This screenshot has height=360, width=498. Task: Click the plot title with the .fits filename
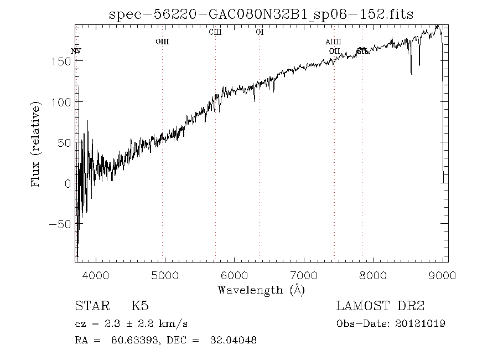pos(261,14)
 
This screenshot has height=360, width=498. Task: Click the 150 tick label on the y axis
pos(61,61)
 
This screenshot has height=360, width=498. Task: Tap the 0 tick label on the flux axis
pos(68,183)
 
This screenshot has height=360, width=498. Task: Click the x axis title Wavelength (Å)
pos(261,290)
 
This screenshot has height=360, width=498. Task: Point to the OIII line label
pos(162,42)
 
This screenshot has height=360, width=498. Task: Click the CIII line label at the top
pos(215,32)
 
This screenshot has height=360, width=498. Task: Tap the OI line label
pos(260,32)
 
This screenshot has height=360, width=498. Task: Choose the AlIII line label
pos(333,42)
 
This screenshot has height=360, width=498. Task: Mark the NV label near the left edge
pos(76,51)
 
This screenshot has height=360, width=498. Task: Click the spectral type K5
pos(139,306)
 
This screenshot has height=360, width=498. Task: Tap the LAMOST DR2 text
pos(380,306)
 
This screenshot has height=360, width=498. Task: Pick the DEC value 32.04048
pos(234,340)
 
